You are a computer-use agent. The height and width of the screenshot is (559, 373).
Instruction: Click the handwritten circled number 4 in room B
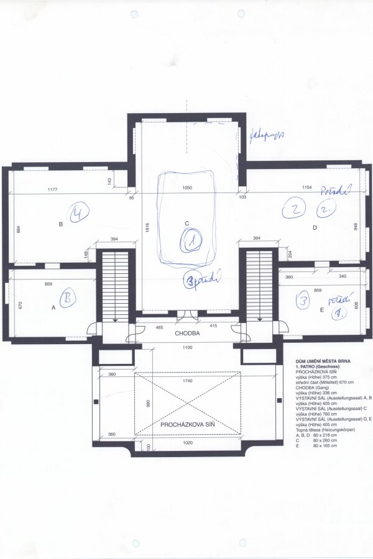[79, 214]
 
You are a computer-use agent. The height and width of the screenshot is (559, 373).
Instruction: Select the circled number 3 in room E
[303, 302]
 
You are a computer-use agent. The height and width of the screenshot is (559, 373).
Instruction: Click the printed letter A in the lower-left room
[53, 307]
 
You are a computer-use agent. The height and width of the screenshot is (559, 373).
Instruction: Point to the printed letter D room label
[315, 228]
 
